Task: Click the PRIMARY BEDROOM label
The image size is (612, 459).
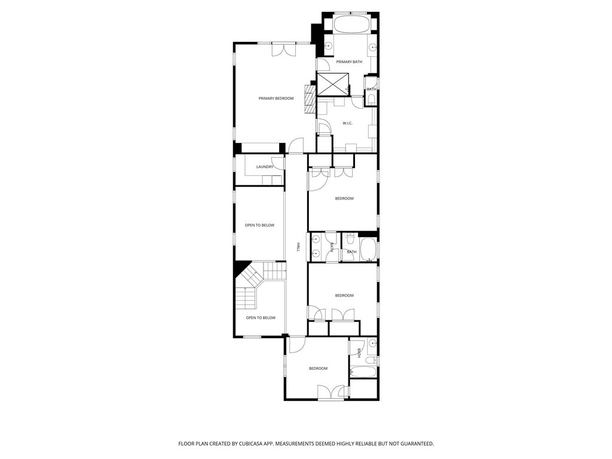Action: click(276, 99)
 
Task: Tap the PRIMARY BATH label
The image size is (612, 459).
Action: click(349, 62)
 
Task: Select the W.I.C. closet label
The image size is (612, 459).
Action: click(347, 123)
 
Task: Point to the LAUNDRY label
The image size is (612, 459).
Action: click(265, 167)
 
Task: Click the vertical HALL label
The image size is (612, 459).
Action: click(299, 247)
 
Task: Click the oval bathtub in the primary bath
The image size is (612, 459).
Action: click(350, 24)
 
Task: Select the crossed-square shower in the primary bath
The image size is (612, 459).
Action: click(333, 84)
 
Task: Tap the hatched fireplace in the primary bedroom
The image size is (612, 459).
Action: click(310, 99)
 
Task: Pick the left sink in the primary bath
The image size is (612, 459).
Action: click(329, 46)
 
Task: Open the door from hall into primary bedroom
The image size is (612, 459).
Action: click(296, 145)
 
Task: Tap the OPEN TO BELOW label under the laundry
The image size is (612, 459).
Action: click(259, 225)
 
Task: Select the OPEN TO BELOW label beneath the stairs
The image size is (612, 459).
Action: click(261, 318)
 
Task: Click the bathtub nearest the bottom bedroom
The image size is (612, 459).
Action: click(363, 372)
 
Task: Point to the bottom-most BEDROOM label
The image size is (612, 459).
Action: click(318, 368)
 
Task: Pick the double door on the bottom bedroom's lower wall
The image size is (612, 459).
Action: click(331, 392)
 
